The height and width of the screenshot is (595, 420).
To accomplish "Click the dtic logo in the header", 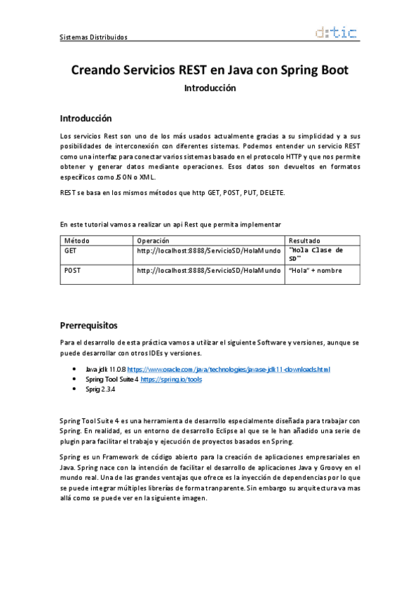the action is (337, 32).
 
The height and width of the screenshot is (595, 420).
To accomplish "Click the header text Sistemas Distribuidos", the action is (94, 37).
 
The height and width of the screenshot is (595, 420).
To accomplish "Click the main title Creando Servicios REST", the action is (210, 71).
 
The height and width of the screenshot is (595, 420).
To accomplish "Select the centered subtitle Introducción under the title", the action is (210, 88).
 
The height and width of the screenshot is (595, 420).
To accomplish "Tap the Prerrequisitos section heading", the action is (88, 326).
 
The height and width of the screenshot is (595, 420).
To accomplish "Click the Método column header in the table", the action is (76, 240).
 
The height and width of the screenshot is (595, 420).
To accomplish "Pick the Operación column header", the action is (153, 240).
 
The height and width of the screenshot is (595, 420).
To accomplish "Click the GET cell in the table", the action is (71, 250).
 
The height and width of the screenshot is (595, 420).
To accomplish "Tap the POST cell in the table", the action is (73, 270).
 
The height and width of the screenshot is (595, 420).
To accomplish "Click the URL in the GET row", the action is (208, 250).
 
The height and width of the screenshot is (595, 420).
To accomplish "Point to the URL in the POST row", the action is (208, 270).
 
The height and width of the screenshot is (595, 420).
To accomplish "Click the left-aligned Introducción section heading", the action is (86, 118).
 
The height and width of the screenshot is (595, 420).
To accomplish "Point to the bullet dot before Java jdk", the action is (75, 369).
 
